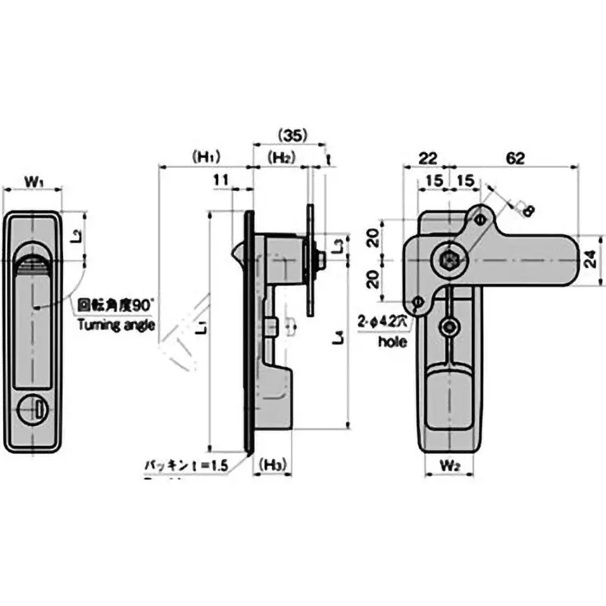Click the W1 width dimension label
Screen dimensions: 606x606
point(33,181)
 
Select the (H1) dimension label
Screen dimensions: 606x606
point(205,157)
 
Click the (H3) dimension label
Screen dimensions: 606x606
point(270,464)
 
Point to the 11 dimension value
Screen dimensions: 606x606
point(221,180)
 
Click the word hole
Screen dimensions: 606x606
point(393,342)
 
